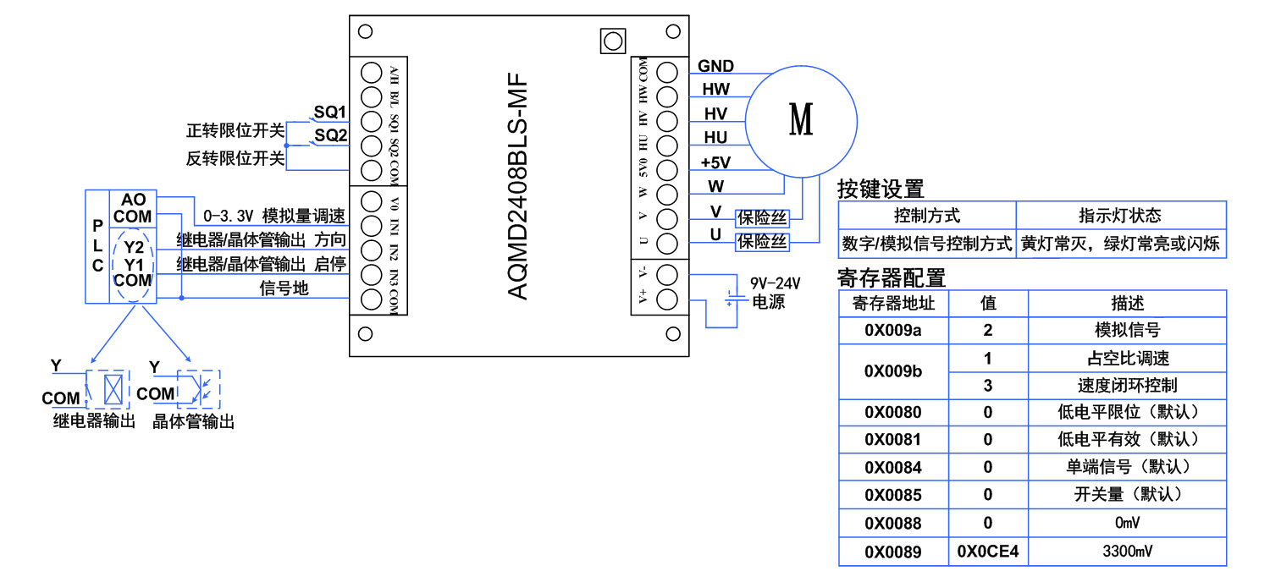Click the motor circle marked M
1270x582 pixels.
tap(800, 119)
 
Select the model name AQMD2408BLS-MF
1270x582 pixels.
tap(518, 185)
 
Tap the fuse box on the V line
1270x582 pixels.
tap(762, 218)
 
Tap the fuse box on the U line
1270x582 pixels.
tap(762, 243)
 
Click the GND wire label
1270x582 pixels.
tap(715, 67)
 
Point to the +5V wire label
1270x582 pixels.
tap(715, 162)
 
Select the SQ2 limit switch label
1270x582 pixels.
tap(331, 135)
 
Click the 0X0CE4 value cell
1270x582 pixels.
tap(987, 552)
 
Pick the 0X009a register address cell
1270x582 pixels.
tap(893, 330)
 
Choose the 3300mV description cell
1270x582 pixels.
tap(1127, 552)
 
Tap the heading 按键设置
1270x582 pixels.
tap(881, 189)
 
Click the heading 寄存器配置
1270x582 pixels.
tap(891, 277)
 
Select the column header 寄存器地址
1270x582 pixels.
tap(893, 303)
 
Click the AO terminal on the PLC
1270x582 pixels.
tap(133, 200)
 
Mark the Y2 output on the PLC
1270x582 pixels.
tap(133, 248)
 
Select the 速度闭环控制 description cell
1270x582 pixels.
tap(1127, 385)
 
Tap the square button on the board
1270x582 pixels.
tap(611, 41)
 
